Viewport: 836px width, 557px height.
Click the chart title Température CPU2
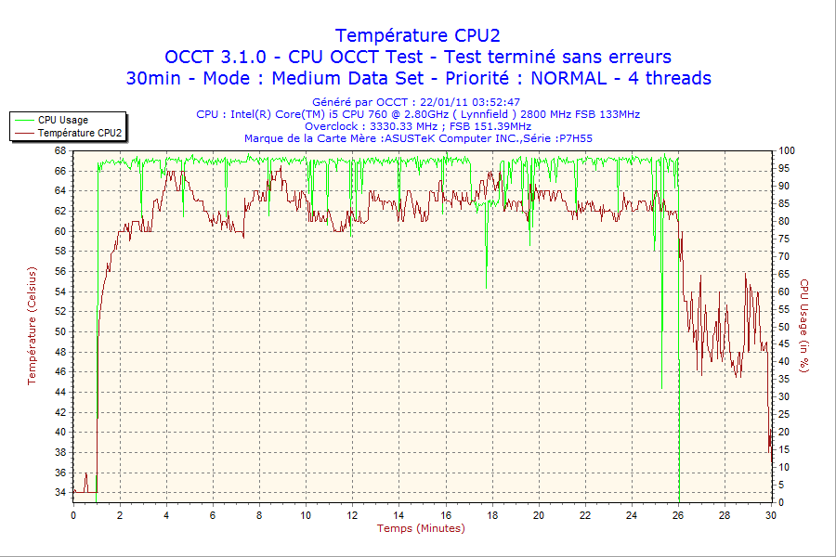point(418,35)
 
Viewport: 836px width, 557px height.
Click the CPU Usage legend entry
point(63,120)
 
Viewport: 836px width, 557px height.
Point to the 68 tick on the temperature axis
point(60,150)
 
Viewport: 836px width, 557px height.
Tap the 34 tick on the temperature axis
point(60,491)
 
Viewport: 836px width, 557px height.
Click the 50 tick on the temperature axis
point(60,331)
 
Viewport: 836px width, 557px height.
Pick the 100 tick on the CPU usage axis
point(787,150)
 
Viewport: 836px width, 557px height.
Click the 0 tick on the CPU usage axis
point(782,502)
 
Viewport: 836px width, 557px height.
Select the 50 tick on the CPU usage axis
point(785,327)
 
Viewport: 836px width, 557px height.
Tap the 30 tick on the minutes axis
point(770,515)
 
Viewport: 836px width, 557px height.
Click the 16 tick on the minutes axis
point(445,515)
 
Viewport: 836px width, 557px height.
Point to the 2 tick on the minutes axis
point(120,515)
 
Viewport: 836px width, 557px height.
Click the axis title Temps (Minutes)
point(420,528)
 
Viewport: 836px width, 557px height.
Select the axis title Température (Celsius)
point(33,326)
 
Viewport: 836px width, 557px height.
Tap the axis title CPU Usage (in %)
point(805,326)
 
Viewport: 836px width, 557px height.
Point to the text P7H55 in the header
point(574,138)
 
